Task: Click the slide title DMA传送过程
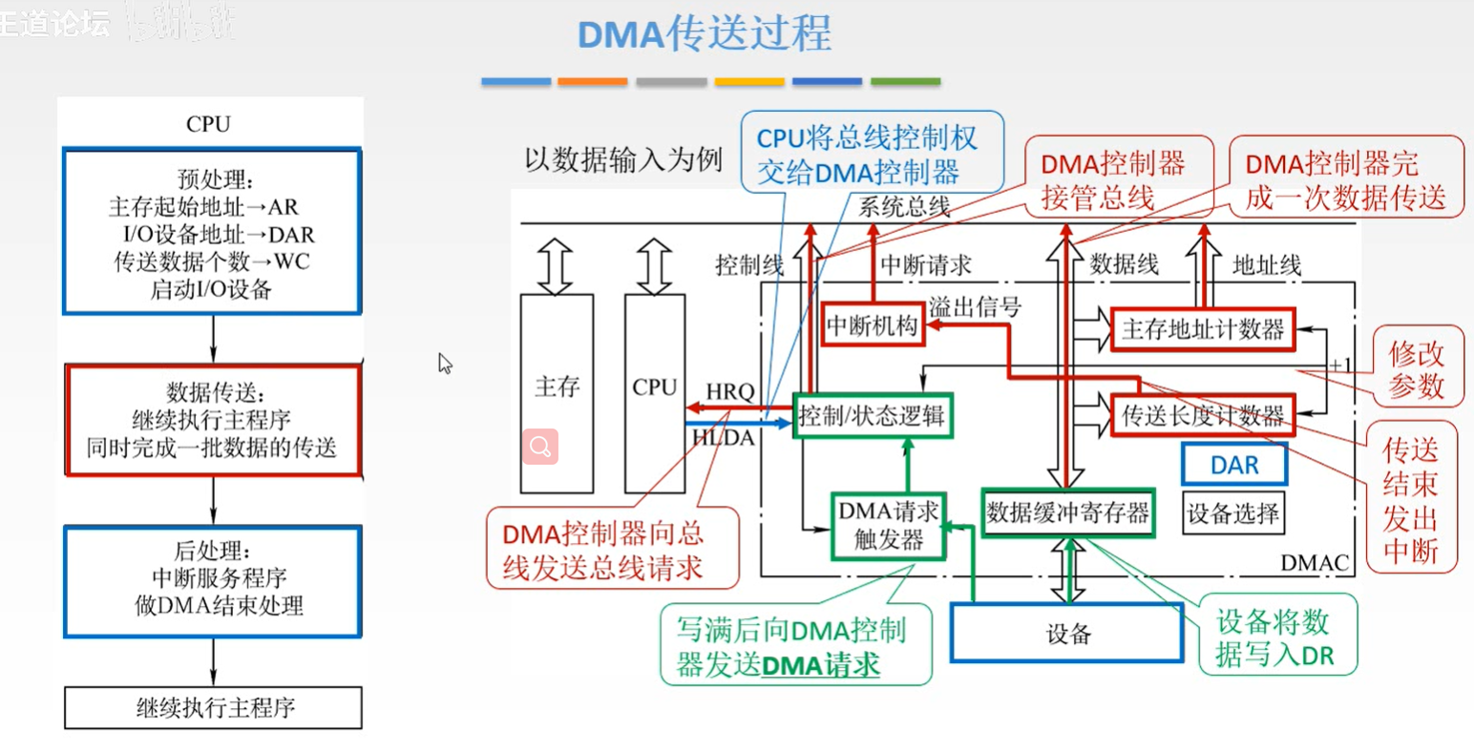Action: [x=705, y=34]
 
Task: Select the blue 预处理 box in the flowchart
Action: [x=211, y=232]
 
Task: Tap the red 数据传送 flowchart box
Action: [x=212, y=420]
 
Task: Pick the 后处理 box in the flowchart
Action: [x=212, y=580]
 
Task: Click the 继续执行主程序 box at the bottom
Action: [x=214, y=708]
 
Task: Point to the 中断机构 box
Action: [x=872, y=326]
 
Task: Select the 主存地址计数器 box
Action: [x=1203, y=330]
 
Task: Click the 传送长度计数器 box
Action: [x=1203, y=416]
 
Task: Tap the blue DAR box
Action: [x=1233, y=466]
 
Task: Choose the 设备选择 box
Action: [x=1232, y=513]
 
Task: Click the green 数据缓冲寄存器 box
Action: [x=1067, y=513]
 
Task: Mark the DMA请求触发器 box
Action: [x=888, y=526]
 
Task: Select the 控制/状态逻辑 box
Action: [x=872, y=415]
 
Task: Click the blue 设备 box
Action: [x=1067, y=634]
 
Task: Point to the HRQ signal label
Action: [x=729, y=391]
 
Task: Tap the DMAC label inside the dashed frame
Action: [x=1314, y=563]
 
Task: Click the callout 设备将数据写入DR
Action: [x=1274, y=637]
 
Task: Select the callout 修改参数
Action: [x=1416, y=370]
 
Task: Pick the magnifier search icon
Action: [x=540, y=447]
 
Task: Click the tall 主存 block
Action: [x=557, y=392]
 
